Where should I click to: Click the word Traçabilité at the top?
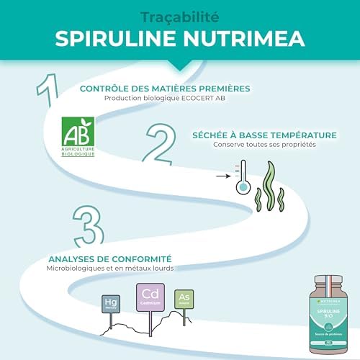(179, 15)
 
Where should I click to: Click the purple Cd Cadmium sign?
(150, 296)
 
